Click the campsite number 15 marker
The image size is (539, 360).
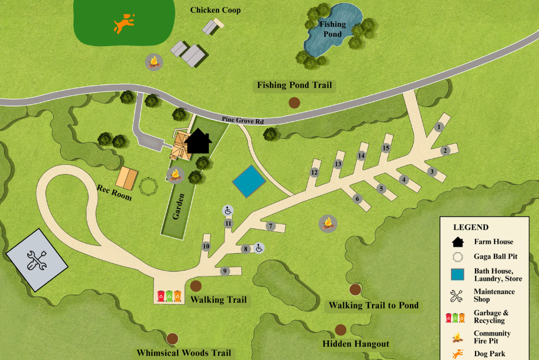click(386, 148)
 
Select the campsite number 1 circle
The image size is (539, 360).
click(439, 127)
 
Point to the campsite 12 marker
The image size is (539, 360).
click(314, 172)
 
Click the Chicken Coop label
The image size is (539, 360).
click(215, 10)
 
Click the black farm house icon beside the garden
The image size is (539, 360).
click(198, 142)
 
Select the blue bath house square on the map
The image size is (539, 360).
click(248, 181)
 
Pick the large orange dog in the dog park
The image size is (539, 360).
click(123, 23)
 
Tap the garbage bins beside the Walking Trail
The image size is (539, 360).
click(169, 296)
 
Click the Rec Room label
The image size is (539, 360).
click(114, 192)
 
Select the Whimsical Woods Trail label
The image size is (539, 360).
click(184, 353)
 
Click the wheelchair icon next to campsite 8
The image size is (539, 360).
click(259, 248)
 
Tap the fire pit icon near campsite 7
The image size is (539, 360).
click(328, 222)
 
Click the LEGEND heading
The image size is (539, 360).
click(471, 227)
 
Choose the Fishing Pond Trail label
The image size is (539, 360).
click(294, 85)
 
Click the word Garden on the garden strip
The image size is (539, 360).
click(176, 207)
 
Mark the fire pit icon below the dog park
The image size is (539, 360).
click(154, 62)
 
